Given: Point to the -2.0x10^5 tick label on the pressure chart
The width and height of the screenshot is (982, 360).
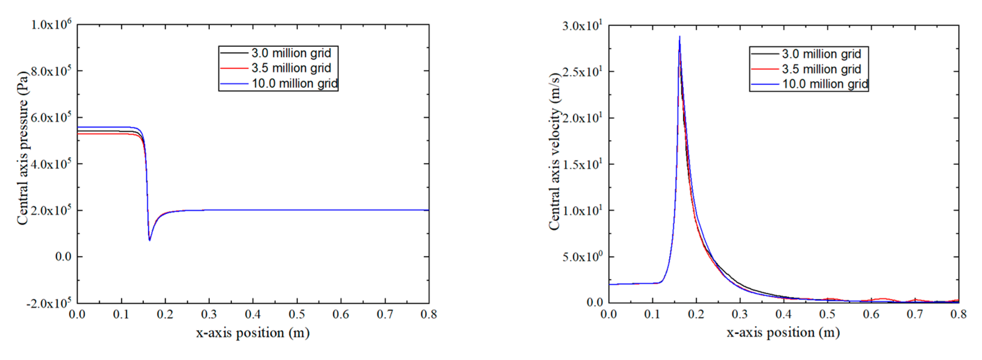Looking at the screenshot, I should (x=49, y=303).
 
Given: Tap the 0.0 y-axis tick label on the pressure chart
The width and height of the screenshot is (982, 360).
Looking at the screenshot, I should (x=63, y=257).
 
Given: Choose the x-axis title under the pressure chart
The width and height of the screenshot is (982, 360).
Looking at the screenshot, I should (x=253, y=333).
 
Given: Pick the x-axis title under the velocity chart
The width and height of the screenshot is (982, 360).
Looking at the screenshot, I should (x=783, y=333).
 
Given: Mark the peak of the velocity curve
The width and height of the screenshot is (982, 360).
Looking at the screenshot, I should (x=679, y=37).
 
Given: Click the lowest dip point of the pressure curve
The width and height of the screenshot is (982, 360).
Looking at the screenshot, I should (x=149, y=240).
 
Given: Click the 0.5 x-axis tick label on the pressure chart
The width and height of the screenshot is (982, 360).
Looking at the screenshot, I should (x=297, y=315).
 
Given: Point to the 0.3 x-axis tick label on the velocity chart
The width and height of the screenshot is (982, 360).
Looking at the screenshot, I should (x=740, y=314).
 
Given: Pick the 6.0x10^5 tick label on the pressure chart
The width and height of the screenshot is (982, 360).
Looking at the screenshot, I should (x=51, y=118).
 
